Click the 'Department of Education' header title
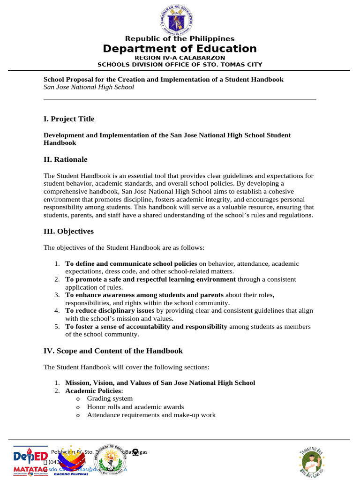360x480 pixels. (180, 49)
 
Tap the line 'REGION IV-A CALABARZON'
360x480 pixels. (180, 58)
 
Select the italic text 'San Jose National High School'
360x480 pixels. (89, 87)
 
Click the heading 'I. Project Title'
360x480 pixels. (69, 119)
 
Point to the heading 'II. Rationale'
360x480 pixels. (66, 159)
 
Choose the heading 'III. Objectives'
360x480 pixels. (68, 232)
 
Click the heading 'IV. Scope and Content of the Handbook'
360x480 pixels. (113, 351)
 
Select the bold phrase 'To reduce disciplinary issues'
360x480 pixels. (110, 311)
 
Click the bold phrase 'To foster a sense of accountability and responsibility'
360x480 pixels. (146, 327)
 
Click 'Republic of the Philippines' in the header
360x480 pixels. (180, 39)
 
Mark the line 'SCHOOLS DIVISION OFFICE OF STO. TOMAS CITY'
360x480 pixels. (180, 65)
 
